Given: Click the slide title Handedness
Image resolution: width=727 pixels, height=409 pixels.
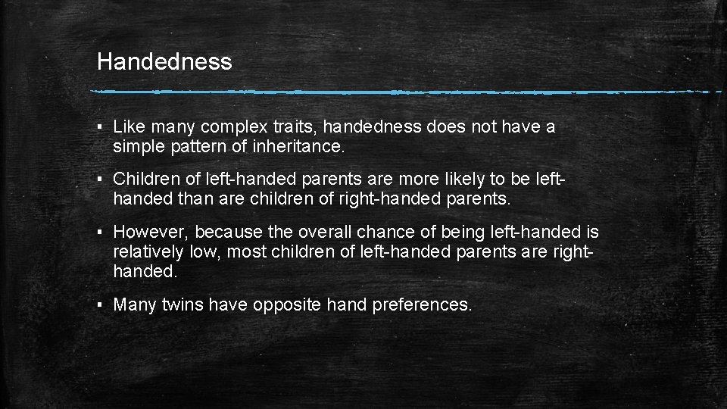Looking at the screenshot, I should click(164, 61).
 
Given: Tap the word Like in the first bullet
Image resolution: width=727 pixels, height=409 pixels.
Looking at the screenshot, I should click(129, 127).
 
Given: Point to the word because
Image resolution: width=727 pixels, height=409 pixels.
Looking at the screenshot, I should click(229, 232).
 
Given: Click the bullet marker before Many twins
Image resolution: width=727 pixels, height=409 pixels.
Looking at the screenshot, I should click(101, 305).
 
